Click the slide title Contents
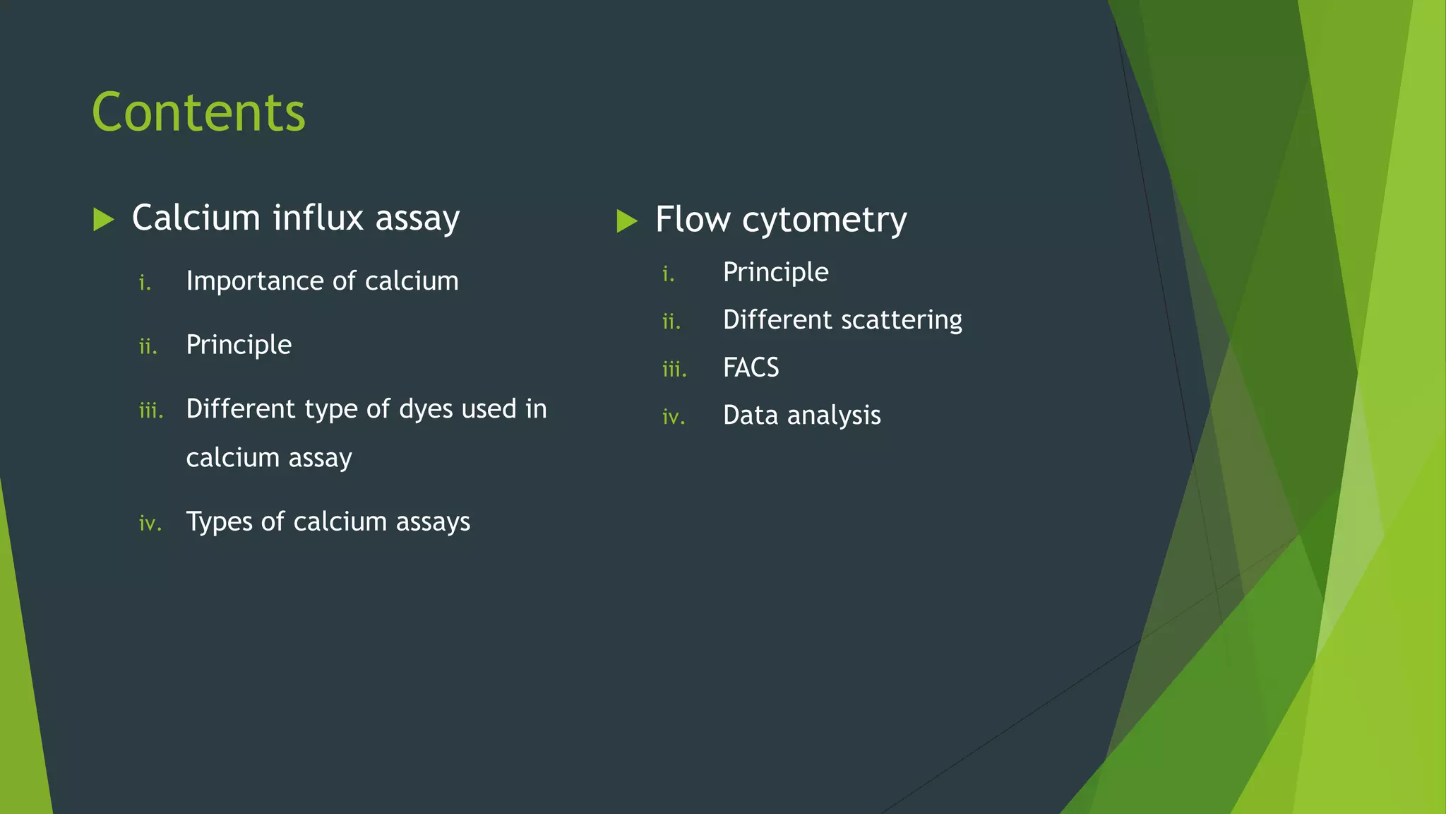click(x=198, y=112)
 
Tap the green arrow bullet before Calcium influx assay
click(x=103, y=219)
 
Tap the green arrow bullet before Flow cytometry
click(x=626, y=220)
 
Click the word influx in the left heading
click(x=318, y=218)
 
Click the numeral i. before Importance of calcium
click(x=145, y=283)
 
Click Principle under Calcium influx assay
click(x=239, y=345)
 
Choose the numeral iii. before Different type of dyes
click(x=150, y=411)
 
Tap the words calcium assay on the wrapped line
click(x=268, y=458)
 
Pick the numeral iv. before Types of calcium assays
click(x=150, y=524)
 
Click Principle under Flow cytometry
click(x=775, y=273)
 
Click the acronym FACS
click(x=751, y=367)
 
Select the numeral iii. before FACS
click(x=674, y=370)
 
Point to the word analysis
click(x=834, y=415)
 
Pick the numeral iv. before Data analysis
click(x=673, y=418)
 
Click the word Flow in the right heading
click(x=692, y=219)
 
